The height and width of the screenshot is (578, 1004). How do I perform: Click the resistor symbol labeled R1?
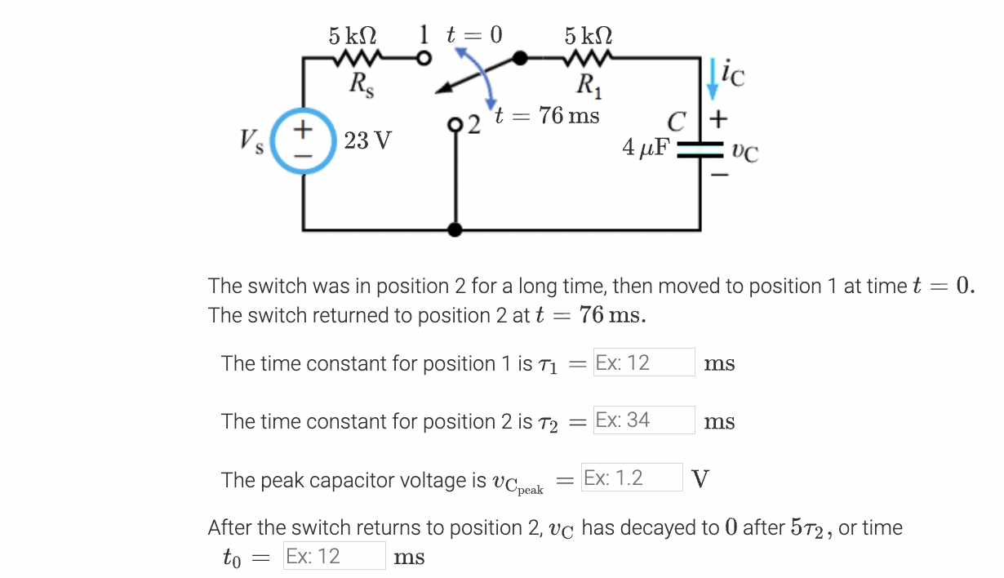[x=587, y=59]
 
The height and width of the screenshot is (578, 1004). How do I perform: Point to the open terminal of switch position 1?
[x=423, y=59]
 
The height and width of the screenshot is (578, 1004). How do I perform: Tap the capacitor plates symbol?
[x=700, y=149]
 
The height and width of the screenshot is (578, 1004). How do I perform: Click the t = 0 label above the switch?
[x=473, y=34]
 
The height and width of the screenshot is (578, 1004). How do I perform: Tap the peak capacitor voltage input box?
[x=631, y=478]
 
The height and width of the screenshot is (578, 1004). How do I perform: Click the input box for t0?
[x=334, y=556]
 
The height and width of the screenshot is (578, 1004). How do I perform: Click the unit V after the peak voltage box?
[x=700, y=478]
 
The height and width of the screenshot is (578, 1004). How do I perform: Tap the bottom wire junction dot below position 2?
[x=455, y=230]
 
